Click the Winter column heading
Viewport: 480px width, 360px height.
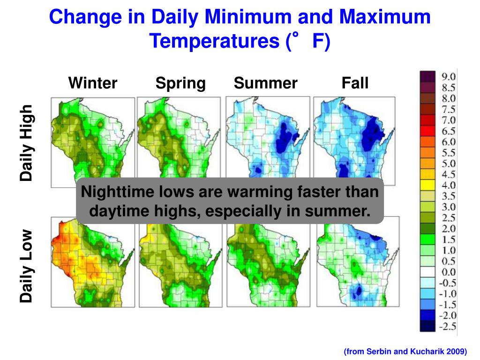(93, 83)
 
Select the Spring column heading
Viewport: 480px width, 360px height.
(180, 83)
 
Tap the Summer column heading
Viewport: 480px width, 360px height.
(265, 83)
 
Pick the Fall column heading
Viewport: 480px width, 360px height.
(355, 83)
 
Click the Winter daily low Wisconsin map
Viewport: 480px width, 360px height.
(89, 262)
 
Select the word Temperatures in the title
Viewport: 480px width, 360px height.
(213, 42)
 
